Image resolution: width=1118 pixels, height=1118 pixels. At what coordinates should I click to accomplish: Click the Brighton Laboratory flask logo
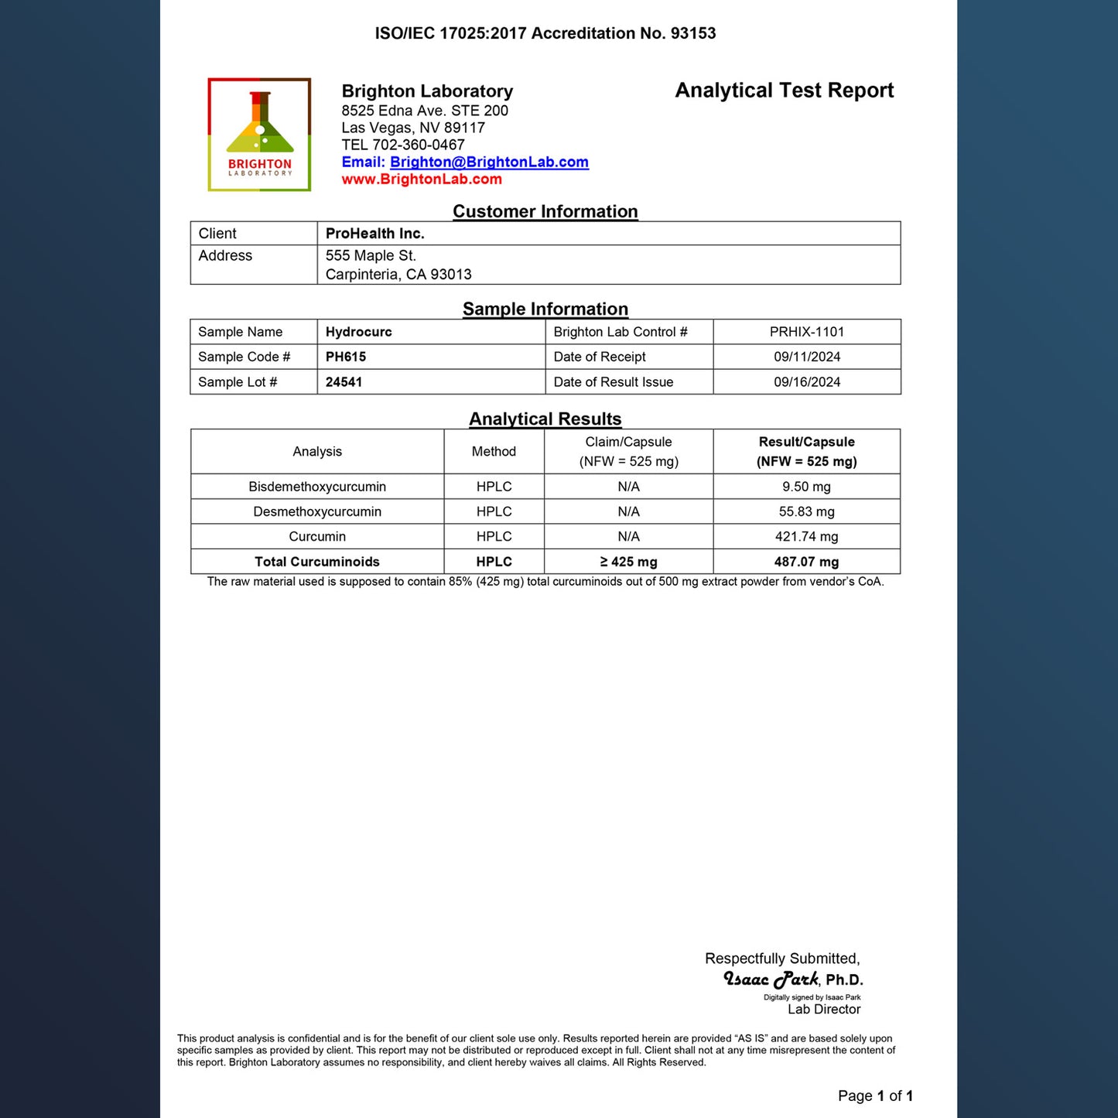260,134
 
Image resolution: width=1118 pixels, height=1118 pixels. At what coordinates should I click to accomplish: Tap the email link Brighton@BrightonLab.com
489,162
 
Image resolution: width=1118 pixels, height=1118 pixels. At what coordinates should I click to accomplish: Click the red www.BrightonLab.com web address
422,179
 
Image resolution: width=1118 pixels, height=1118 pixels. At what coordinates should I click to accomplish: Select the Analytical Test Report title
784,91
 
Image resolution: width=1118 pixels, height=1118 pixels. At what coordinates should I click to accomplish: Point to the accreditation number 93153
693,33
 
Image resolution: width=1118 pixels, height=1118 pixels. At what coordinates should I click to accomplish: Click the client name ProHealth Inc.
374,234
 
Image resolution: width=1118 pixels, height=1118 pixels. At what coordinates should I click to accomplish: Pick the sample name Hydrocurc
358,332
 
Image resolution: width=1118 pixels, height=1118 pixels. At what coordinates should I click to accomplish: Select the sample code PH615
345,357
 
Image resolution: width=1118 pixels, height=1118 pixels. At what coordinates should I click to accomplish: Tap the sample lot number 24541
344,382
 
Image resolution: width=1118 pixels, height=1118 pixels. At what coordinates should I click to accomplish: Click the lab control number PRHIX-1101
806,332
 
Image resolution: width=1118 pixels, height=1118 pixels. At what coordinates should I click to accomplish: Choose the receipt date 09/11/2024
806,357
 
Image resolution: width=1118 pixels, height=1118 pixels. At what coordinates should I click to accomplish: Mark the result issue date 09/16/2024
806,382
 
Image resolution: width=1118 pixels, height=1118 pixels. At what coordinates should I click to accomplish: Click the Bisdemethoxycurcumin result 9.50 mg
806,487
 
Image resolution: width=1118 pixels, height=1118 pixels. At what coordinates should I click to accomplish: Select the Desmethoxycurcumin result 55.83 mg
806,511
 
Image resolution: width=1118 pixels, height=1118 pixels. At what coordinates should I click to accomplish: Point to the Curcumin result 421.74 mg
806,537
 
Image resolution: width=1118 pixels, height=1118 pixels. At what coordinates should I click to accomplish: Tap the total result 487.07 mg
806,562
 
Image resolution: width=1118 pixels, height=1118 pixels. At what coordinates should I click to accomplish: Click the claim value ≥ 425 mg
628,562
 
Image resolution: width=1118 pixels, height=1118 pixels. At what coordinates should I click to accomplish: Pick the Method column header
494,452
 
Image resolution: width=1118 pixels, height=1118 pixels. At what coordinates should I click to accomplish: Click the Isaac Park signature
771,980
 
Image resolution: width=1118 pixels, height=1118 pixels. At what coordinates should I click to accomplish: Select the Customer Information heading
545,211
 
